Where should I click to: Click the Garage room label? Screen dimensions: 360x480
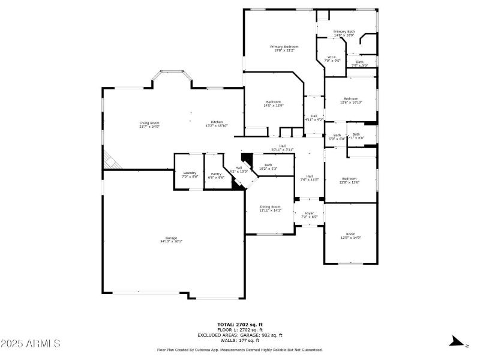[171, 239]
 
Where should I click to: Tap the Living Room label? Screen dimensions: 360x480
[149, 124]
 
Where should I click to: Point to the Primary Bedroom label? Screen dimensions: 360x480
[284, 48]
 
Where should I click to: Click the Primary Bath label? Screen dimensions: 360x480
[344, 33]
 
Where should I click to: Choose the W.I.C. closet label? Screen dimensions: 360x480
[332, 59]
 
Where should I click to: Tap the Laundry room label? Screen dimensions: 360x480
[190, 175]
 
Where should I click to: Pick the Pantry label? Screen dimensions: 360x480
[216, 175]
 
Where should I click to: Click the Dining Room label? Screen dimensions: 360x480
[269, 208]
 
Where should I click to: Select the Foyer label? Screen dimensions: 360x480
[309, 214]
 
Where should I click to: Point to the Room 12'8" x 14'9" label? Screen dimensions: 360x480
[350, 235]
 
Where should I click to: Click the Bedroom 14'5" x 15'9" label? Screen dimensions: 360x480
[274, 103]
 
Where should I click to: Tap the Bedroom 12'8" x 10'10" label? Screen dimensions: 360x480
[350, 100]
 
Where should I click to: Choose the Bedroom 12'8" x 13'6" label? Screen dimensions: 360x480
[350, 180]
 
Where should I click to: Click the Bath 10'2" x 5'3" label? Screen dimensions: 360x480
[268, 166]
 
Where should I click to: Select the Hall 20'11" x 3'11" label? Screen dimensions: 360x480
[282, 148]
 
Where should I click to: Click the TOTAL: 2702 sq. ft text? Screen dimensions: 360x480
[240, 325]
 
